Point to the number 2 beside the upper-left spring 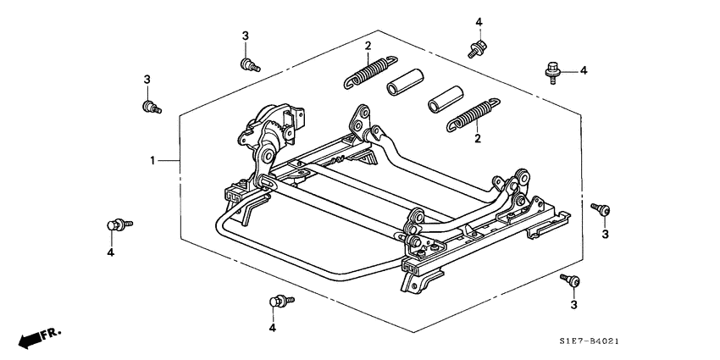pyautogui.click(x=368, y=46)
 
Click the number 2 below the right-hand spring pyautogui.click(x=478, y=138)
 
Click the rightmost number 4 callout pyautogui.click(x=583, y=70)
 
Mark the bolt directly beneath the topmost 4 pyautogui.click(x=476, y=49)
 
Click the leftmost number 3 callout pyautogui.click(x=146, y=79)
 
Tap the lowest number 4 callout pyautogui.click(x=273, y=328)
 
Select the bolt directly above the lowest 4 pyautogui.click(x=278, y=301)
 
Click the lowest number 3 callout pyautogui.click(x=573, y=305)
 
